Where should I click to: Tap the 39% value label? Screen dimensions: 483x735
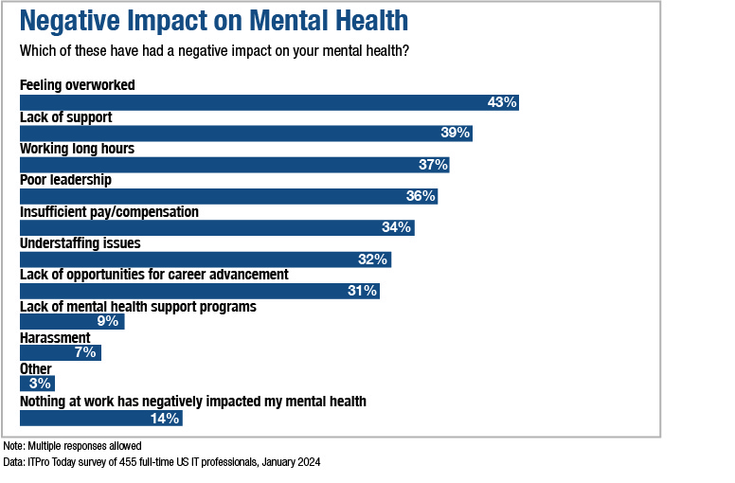(455, 134)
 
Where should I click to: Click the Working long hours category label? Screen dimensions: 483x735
(77, 149)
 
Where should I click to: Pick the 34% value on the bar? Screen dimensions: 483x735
(396, 227)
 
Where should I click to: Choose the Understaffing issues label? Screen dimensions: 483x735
(80, 243)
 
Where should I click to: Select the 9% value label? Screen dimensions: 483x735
(107, 322)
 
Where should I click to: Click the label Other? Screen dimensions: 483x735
(36, 369)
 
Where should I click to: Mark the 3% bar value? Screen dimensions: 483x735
(40, 385)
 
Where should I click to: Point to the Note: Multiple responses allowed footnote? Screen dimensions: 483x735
(72, 446)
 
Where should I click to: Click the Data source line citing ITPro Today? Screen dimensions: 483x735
(161, 462)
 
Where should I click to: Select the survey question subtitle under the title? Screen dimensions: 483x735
(214, 50)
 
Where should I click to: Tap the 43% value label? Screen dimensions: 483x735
(501, 102)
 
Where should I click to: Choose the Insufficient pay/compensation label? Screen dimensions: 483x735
(109, 212)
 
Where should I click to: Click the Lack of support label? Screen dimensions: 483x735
(66, 117)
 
